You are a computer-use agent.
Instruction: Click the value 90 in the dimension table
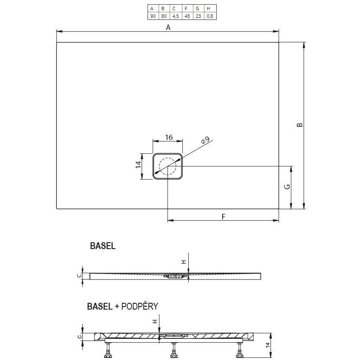pyautogui.click(x=152, y=16)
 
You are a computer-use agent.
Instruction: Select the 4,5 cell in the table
pyautogui.click(x=174, y=16)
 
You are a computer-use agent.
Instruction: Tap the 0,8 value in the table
pyautogui.click(x=209, y=16)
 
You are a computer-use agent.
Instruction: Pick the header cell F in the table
pyautogui.click(x=186, y=8)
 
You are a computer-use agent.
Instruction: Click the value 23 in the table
pyautogui.click(x=197, y=16)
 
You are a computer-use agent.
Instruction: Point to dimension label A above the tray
pyautogui.click(x=168, y=28)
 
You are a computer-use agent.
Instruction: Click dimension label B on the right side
pyautogui.click(x=299, y=125)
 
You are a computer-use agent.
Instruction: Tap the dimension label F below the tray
pyautogui.click(x=223, y=216)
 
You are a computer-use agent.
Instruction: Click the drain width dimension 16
pyautogui.click(x=168, y=137)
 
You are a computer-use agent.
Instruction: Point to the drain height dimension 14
pyautogui.click(x=138, y=166)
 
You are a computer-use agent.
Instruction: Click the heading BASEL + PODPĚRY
pyautogui.click(x=122, y=306)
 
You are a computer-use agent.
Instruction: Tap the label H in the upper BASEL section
pyautogui.click(x=184, y=262)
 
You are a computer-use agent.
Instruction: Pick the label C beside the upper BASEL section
pyautogui.click(x=79, y=276)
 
